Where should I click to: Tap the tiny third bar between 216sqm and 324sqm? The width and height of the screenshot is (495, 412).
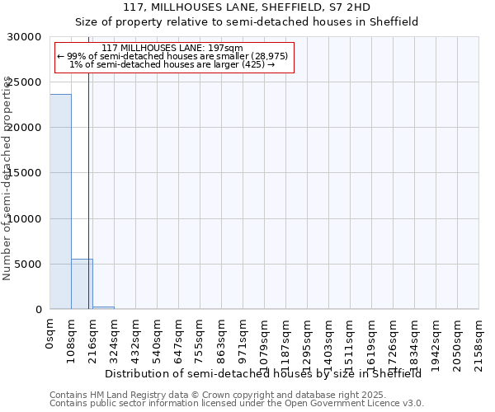tap(103, 307)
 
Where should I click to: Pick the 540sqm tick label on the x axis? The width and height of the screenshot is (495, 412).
tap(158, 339)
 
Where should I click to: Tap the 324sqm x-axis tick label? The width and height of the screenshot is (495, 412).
tap(115, 339)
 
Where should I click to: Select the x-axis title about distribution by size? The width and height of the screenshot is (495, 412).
tap(264, 374)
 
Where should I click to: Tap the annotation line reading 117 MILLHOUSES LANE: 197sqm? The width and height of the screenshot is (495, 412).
tap(172, 49)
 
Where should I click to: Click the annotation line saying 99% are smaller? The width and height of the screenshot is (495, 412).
tap(172, 56)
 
